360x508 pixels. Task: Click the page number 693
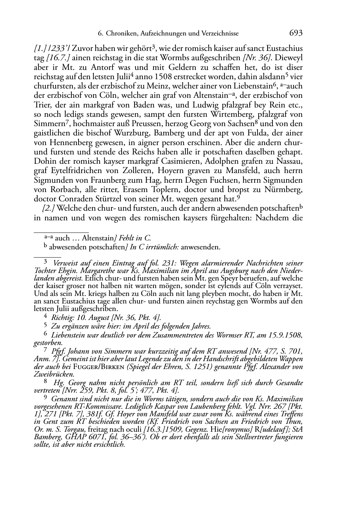click(x=295, y=33)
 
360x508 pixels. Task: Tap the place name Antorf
click(x=93, y=67)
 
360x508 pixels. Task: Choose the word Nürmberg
click(x=285, y=190)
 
